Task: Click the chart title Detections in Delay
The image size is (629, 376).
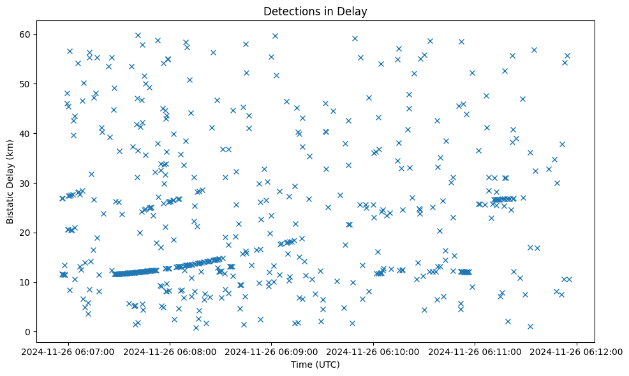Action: (x=315, y=11)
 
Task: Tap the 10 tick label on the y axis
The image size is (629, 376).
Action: (x=27, y=282)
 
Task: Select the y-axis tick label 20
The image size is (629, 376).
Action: (x=27, y=233)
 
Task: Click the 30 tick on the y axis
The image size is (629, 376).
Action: (x=27, y=183)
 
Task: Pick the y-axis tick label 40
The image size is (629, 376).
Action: (x=27, y=133)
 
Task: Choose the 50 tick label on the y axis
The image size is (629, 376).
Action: (x=27, y=83)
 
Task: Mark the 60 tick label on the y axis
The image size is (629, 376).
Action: (x=27, y=34)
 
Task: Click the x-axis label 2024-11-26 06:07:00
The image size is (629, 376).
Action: (x=68, y=351)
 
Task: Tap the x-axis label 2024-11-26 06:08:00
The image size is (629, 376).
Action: (x=170, y=351)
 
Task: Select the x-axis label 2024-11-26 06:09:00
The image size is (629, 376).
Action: (x=272, y=351)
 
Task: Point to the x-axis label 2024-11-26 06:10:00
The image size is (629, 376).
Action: (x=373, y=351)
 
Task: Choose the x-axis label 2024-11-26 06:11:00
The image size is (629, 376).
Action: (x=475, y=351)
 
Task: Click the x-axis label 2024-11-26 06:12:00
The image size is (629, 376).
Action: (x=577, y=351)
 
